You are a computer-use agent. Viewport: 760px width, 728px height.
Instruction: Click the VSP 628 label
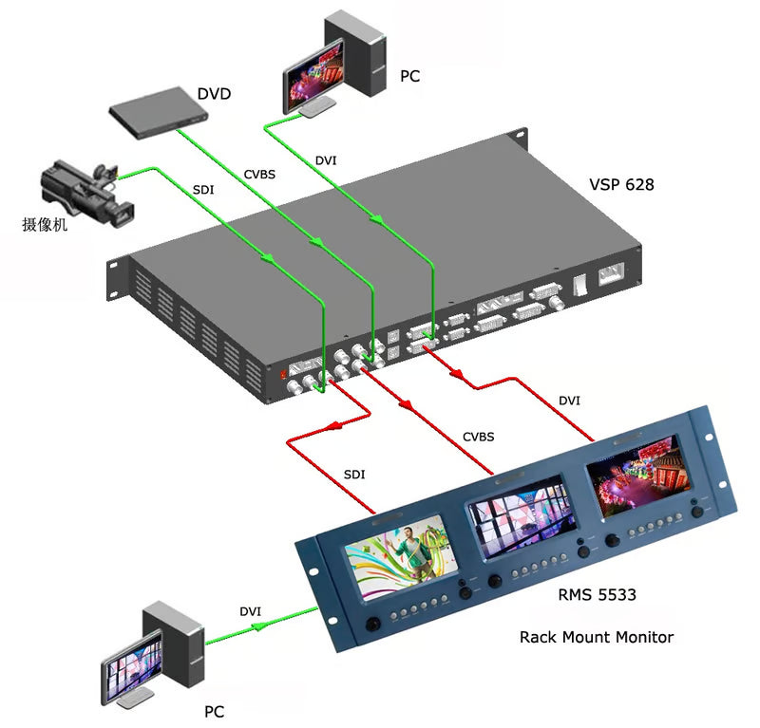(x=621, y=184)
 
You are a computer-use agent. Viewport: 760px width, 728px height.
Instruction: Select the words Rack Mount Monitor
(x=596, y=637)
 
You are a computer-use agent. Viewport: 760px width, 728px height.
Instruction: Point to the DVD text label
(x=214, y=94)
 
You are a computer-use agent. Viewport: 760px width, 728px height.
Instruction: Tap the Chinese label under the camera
(x=46, y=226)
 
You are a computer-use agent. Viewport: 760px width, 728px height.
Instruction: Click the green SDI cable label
(x=203, y=190)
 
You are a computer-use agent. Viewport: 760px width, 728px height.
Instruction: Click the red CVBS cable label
(x=478, y=437)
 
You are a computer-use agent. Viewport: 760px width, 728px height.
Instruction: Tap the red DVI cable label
(x=570, y=401)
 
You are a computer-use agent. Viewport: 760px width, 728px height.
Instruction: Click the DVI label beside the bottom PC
(x=251, y=612)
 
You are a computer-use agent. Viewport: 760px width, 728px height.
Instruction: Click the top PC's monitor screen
(x=313, y=74)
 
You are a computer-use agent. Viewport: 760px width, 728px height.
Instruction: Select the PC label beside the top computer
(x=409, y=76)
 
